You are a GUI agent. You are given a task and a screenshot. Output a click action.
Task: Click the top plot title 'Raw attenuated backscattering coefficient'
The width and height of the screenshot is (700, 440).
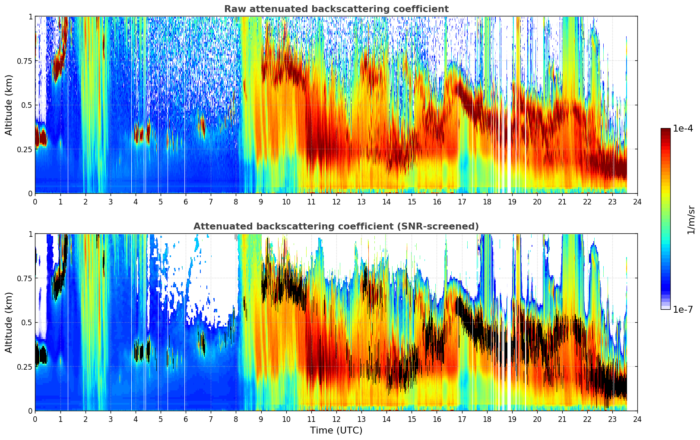[336, 9]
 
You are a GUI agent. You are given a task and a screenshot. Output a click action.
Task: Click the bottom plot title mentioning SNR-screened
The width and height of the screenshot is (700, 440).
[336, 226]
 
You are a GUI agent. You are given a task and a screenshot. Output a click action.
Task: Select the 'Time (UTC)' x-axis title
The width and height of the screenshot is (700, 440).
[336, 431]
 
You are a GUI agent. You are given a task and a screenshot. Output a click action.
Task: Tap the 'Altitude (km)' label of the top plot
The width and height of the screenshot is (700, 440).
[9, 105]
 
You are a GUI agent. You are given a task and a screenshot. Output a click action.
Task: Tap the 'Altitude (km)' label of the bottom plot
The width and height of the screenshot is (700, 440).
[9, 322]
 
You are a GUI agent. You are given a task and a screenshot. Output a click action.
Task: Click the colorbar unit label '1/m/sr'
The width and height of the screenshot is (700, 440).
[691, 220]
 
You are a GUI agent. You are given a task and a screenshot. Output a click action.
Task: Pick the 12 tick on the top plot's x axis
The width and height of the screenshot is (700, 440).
[336, 201]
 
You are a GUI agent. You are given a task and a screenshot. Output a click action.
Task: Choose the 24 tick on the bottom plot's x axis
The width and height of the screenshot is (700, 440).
[637, 419]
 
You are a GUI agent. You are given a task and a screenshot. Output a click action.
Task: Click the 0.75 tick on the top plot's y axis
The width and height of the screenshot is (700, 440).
[25, 61]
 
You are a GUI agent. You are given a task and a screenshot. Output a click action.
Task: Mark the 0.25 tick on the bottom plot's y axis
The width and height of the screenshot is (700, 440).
[25, 367]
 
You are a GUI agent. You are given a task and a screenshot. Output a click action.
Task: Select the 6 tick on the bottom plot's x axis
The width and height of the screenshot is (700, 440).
[186, 419]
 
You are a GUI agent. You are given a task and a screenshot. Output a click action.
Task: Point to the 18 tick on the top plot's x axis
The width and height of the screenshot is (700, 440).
[487, 201]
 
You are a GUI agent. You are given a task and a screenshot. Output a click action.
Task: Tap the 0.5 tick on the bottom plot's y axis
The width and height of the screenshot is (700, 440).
[27, 322]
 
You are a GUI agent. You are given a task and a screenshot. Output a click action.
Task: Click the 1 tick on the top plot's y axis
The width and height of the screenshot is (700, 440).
[30, 17]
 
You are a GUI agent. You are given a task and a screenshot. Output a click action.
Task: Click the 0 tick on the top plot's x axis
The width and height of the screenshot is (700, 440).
[35, 201]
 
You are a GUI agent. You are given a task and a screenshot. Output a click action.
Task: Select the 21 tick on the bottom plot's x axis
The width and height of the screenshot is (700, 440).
[562, 419]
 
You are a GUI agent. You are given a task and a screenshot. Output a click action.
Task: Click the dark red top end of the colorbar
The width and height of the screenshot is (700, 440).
[665, 131]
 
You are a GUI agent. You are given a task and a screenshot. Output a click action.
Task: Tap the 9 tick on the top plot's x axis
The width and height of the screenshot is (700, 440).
[261, 201]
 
